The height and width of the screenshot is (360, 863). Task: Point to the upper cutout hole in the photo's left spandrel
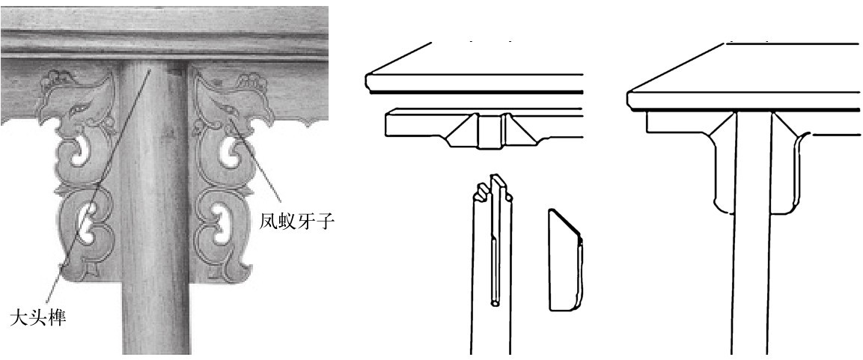pyautogui.click(x=78, y=150)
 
